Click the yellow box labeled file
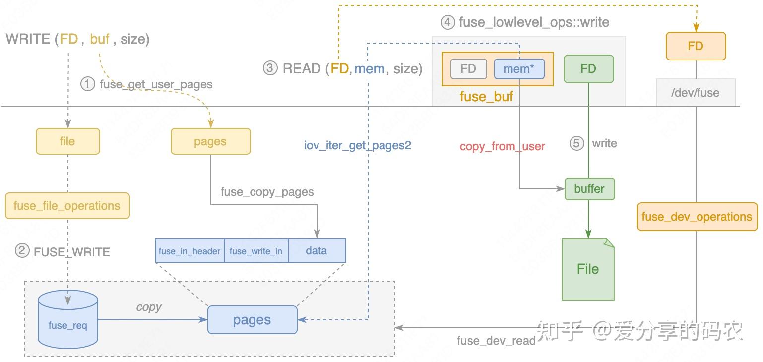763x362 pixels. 67,141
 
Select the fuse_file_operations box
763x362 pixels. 67,206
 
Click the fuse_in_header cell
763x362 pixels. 190,251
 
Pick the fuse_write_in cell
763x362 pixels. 256,251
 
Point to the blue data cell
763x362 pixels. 317,251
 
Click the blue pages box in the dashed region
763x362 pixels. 252,320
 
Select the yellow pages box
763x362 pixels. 210,141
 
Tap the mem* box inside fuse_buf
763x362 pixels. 519,69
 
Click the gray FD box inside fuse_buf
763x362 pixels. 468,69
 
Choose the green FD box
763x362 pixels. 588,68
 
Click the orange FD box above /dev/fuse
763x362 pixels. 696,46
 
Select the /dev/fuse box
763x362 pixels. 696,92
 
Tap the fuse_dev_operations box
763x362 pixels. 697,217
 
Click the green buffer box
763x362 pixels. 589,189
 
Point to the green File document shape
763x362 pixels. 588,269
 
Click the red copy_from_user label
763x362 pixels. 502,146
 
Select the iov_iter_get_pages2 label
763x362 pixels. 358,145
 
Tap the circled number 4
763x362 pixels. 447,22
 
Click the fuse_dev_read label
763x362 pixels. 496,341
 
